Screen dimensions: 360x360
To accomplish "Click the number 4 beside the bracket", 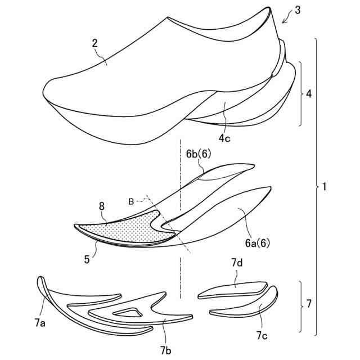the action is tap(309, 94).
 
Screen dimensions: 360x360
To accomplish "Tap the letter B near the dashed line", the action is tap(131, 201).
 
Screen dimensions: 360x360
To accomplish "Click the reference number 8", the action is tap(102, 207).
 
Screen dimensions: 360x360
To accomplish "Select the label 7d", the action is tap(236, 263).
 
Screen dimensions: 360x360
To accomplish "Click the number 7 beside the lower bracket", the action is tap(309, 305).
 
